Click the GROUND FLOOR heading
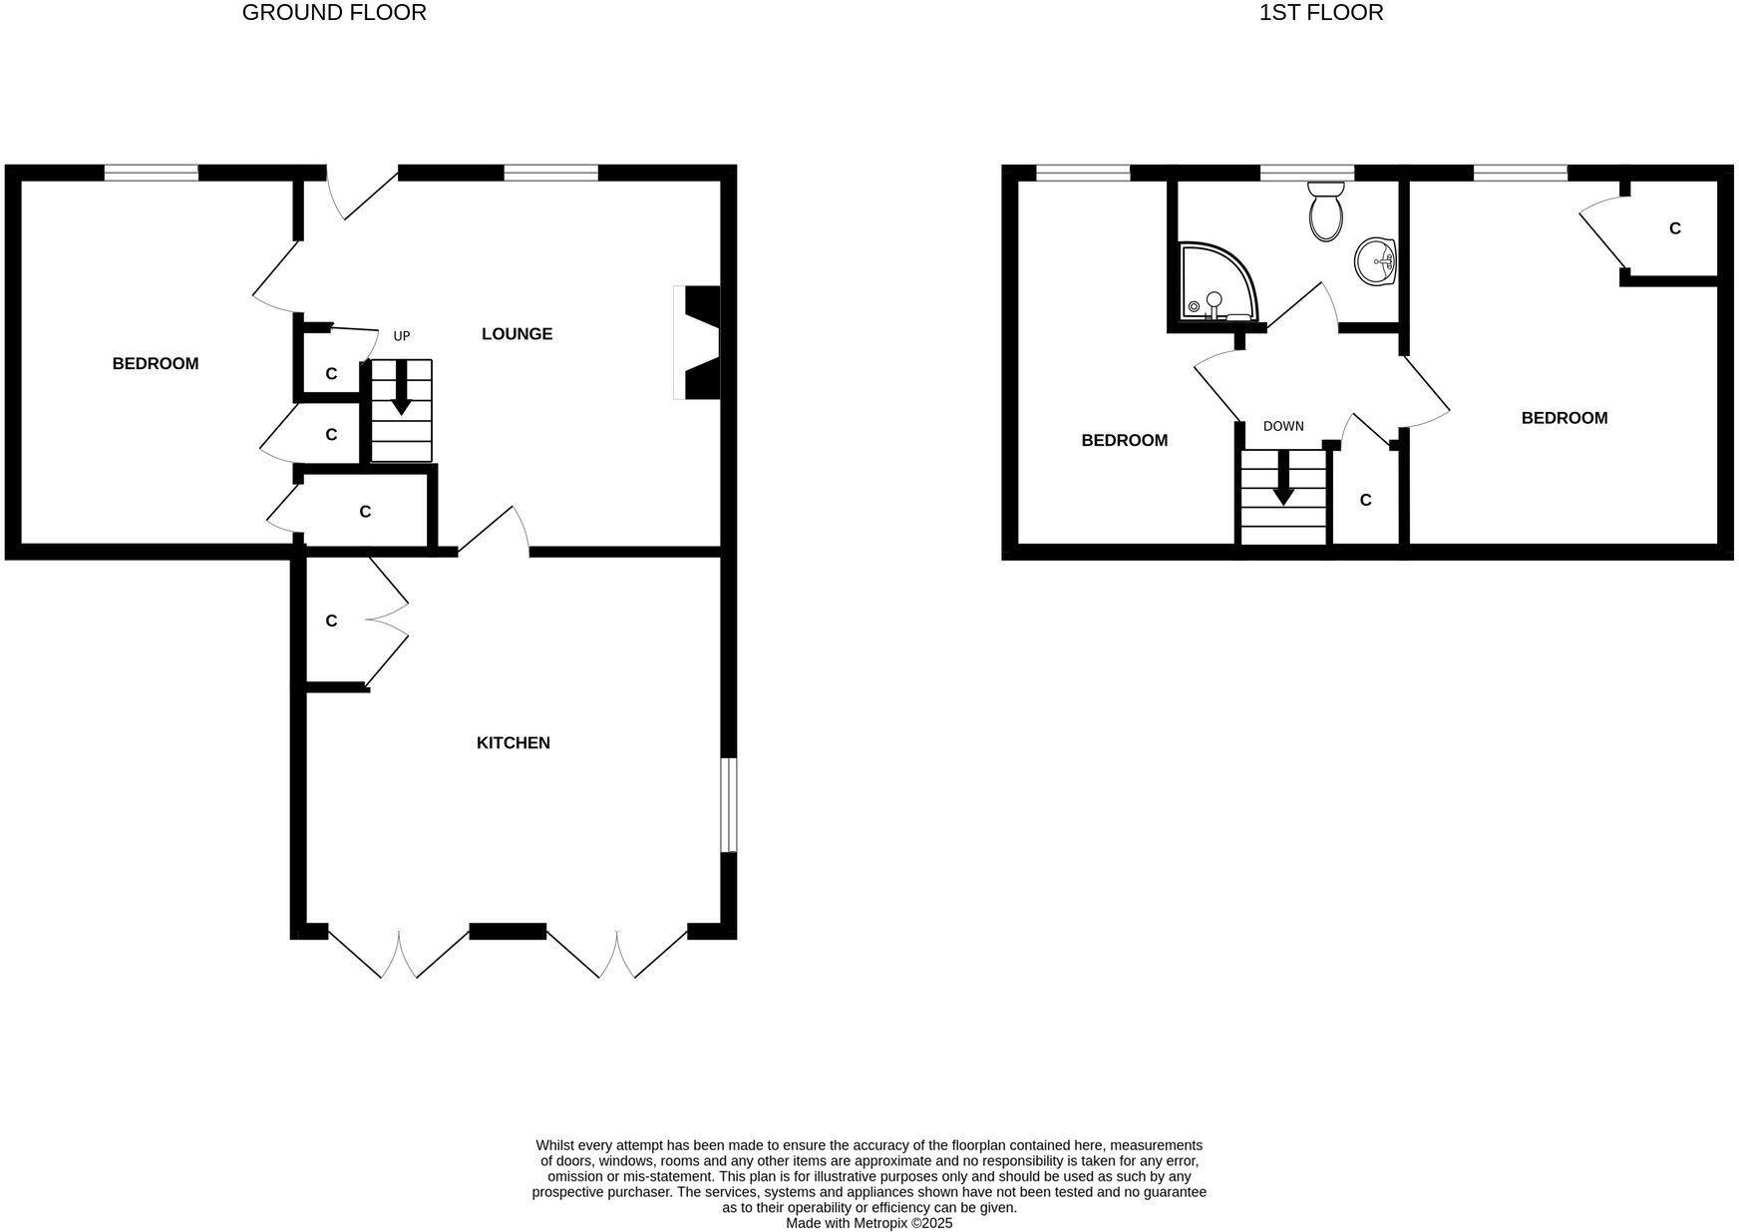coord(334,13)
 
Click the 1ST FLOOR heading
coord(1321,13)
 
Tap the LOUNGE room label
coord(517,334)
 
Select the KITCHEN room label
coord(514,743)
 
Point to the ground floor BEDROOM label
coord(156,364)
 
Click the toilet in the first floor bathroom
coord(1325,210)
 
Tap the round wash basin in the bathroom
coord(1376,261)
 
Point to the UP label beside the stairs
coord(402,336)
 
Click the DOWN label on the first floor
coord(1283,426)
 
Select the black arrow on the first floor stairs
coord(1283,478)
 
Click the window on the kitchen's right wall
coord(729,805)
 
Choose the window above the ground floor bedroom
coord(152,173)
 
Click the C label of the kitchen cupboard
coord(332,621)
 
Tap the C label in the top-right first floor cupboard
coord(1675,228)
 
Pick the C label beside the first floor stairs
coord(1366,501)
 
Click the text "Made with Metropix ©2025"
coord(869,1223)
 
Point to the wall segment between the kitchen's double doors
coord(508,932)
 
